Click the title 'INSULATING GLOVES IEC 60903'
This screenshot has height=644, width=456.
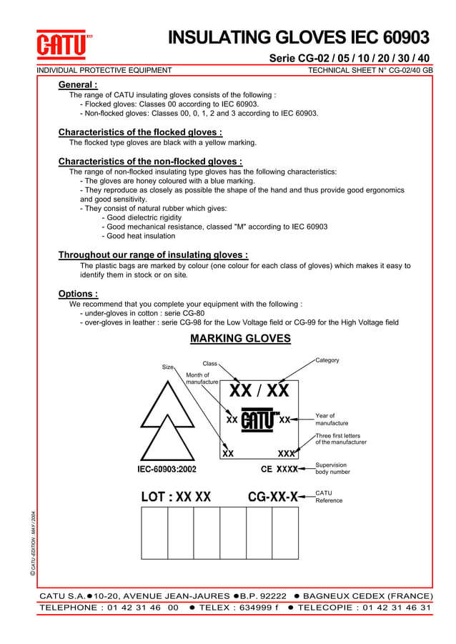(298, 38)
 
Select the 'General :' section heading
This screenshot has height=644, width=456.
(77, 84)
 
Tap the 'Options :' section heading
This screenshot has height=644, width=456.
(78, 294)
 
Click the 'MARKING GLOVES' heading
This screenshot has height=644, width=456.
(240, 338)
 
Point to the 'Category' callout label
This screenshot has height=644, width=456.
(327, 360)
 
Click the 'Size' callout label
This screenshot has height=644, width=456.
(168, 367)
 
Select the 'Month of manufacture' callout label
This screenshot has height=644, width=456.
(201, 379)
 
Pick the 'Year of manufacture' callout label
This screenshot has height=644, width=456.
(332, 420)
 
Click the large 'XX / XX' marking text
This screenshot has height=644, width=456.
(259, 391)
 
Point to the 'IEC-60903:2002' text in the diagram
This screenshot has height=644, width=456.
(167, 470)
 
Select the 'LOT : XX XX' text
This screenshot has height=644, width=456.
(176, 496)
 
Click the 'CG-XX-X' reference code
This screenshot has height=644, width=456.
(272, 496)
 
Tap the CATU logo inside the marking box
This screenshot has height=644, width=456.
(259, 420)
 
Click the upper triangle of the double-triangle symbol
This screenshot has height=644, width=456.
(167, 407)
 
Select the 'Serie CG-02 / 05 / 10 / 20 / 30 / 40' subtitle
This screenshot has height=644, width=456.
(349, 58)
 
